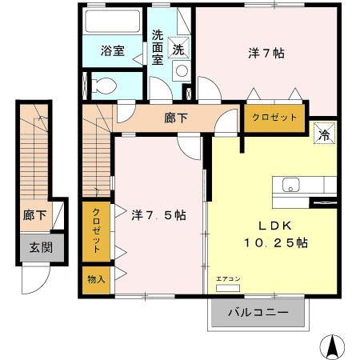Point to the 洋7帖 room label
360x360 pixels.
coord(266,54)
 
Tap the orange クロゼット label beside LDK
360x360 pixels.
coord(274,117)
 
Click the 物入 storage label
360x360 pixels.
coord(96,279)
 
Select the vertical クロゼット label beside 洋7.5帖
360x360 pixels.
coord(96,230)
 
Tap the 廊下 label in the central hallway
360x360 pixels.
coord(177,118)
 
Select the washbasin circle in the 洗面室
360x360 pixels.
coord(182,70)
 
